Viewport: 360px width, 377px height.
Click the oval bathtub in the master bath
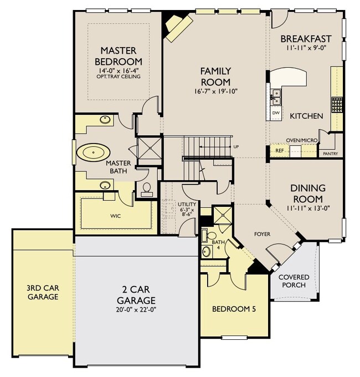point(93,152)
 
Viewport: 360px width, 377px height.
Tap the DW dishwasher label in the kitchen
point(276,113)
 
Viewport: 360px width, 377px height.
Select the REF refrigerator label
point(280,151)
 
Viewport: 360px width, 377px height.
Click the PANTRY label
point(331,154)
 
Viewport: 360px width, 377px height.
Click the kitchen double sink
point(276,97)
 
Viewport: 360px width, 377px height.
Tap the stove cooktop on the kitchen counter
point(337,105)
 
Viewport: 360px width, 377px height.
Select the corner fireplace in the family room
point(178,27)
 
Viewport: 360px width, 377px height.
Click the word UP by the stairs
point(236,147)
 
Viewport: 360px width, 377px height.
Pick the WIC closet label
point(116,216)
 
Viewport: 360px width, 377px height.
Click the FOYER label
point(262,234)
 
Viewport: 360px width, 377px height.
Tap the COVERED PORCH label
point(294,281)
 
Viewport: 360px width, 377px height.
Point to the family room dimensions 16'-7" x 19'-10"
point(215,91)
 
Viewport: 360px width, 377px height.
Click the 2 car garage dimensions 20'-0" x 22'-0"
point(136,310)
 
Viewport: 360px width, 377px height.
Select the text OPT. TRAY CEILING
point(119,77)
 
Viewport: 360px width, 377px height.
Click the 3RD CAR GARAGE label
point(43,292)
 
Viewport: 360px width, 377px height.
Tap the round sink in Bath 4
point(207,252)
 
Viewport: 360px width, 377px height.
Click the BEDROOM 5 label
point(234,309)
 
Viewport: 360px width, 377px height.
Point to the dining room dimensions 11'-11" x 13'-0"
point(308,208)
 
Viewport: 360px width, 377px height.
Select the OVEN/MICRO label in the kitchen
point(302,140)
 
